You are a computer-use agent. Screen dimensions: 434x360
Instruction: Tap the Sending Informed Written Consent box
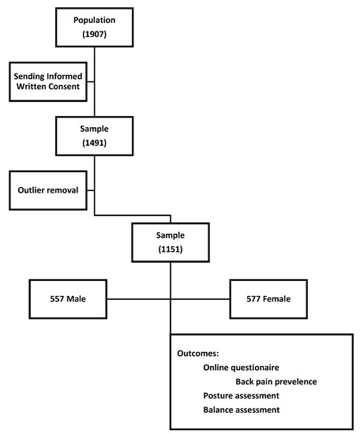point(48,80)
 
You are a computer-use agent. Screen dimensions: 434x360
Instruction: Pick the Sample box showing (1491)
point(94,136)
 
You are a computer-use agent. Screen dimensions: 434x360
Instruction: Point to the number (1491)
point(94,144)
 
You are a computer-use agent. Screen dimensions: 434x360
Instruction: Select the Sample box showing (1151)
point(170,242)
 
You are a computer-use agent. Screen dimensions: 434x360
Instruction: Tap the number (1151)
point(170,250)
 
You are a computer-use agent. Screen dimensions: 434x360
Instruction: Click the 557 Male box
point(68,299)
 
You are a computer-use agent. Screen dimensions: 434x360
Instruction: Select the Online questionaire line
point(241,369)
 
